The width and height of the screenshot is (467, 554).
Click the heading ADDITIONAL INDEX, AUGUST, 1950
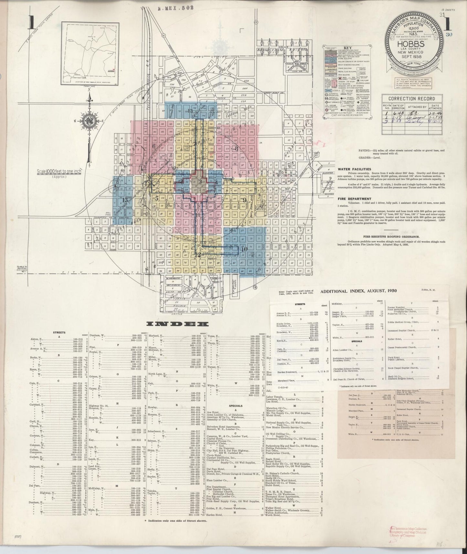(x=358, y=291)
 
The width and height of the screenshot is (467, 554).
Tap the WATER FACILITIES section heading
(x=354, y=169)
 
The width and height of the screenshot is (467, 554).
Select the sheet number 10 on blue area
(x=244, y=249)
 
